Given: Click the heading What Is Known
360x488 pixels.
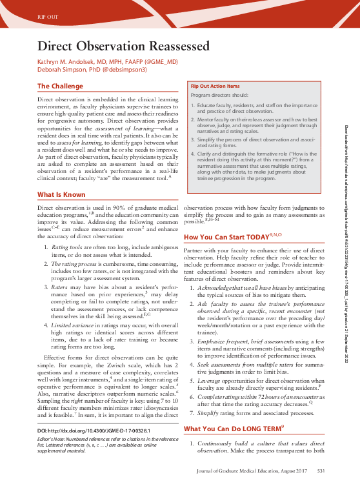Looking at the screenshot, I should pyautogui.click(x=62, y=176).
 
